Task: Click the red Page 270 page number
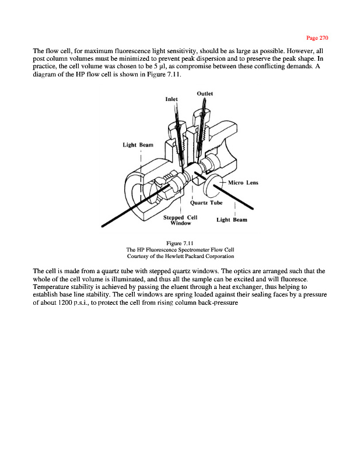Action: (317, 38)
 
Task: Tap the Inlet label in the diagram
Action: (170, 99)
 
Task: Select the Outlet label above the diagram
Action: (205, 93)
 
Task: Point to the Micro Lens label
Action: (243, 182)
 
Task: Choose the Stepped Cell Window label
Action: (180, 220)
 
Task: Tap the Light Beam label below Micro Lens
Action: (232, 220)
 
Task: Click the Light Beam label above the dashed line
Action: (138, 145)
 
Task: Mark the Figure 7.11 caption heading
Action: (180, 242)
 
